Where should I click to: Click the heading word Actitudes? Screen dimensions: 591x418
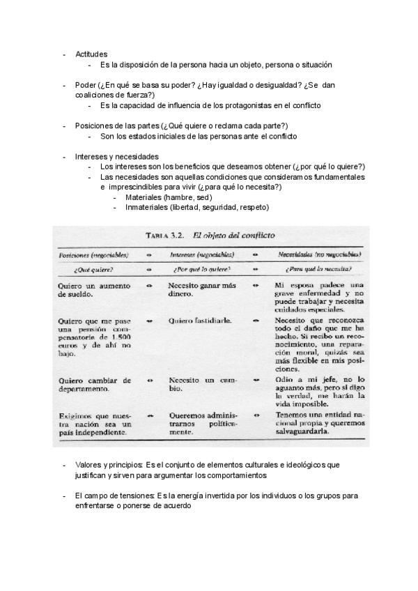tap(91, 54)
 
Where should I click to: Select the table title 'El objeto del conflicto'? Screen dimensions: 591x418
tap(230, 236)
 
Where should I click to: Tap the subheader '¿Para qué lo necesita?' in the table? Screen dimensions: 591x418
tap(318, 268)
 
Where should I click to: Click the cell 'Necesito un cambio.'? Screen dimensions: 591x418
tap(202, 385)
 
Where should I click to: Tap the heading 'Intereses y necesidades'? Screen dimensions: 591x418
tap(116, 156)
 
